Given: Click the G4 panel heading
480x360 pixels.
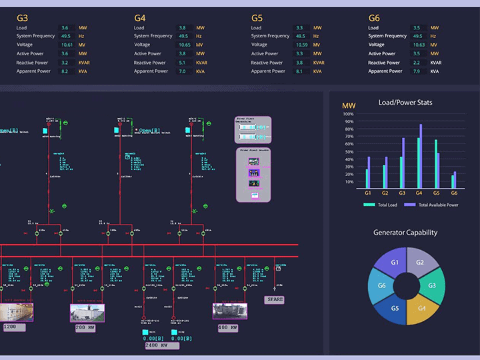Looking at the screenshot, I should [x=140, y=18].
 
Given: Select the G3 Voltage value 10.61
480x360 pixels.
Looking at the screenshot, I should [x=67, y=45].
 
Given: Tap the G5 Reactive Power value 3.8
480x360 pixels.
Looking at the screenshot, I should [x=299, y=63].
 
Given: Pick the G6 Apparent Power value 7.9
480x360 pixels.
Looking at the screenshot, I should [x=417, y=71].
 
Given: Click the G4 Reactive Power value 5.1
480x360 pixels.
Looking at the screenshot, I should [x=182, y=63].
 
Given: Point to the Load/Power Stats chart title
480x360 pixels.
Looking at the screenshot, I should [x=405, y=103].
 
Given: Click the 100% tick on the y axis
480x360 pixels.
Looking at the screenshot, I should [x=348, y=113].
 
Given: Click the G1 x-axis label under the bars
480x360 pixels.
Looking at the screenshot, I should [x=367, y=193].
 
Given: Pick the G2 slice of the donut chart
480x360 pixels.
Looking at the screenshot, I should [x=420, y=263].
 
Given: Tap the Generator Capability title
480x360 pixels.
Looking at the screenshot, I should [x=405, y=233].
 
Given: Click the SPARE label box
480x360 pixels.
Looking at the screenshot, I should [x=275, y=300].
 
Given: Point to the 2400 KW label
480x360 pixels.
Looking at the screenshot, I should [x=160, y=346].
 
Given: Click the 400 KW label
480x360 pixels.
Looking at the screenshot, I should [x=229, y=327].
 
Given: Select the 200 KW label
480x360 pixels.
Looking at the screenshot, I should [x=85, y=327].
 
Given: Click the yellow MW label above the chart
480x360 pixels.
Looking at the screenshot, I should [x=349, y=106].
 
